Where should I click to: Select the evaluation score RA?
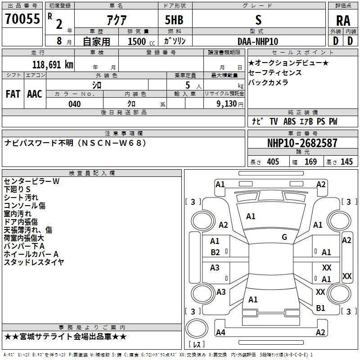pyautogui.click(x=343, y=20)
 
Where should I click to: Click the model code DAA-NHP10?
pyautogui.click(x=258, y=41)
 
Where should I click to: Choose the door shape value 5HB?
pyautogui.click(x=174, y=20)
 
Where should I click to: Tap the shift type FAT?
pyautogui.click(x=13, y=94)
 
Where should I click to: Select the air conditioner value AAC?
pyautogui.click(x=35, y=94)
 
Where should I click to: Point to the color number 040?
pyautogui.click(x=75, y=104)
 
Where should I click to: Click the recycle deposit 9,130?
pyautogui.click(x=229, y=104)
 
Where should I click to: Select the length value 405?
pyautogui.click(x=273, y=162)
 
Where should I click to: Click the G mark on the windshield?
pyautogui.click(x=284, y=237)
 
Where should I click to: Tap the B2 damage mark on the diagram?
pyautogui.click(x=216, y=252)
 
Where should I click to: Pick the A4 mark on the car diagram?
pyautogui.click(x=220, y=333)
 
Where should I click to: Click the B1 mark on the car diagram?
pyautogui.click(x=320, y=308)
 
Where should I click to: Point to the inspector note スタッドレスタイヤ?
pyautogui.click(x=34, y=262)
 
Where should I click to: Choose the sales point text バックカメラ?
pyautogui.click(x=269, y=82)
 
